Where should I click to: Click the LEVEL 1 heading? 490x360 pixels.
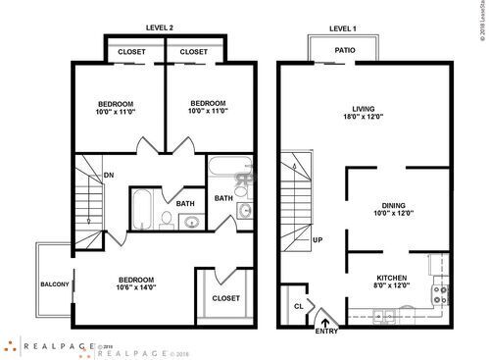point(344,28)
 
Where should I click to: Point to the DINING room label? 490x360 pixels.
point(397,204)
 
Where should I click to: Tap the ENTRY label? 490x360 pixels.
point(325,331)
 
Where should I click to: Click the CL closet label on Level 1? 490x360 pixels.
point(298,305)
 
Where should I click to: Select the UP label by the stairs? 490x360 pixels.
point(317,239)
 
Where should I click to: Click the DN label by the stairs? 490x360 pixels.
point(108,177)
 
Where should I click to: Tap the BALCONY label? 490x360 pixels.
point(54,284)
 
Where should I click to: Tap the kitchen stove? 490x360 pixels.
point(443,290)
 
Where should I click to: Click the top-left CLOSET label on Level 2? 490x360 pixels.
point(132,51)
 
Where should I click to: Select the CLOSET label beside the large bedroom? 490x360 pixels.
point(225,297)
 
